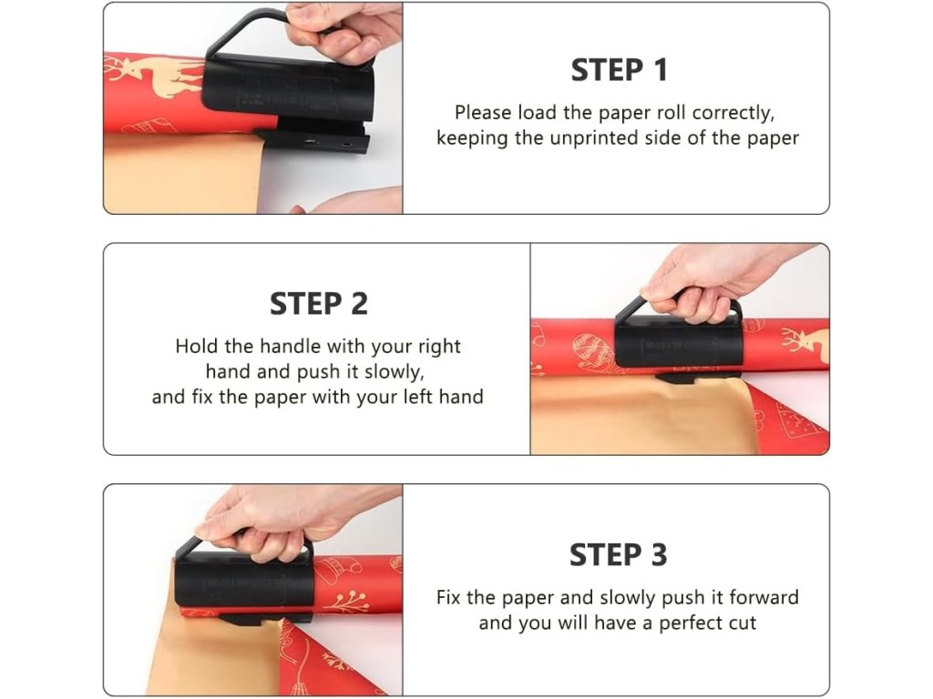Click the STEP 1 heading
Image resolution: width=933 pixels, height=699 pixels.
[619, 70]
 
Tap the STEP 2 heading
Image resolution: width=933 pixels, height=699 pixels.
[319, 304]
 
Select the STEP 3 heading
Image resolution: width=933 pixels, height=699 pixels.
[619, 555]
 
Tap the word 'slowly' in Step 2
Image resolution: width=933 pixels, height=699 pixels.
[395, 371]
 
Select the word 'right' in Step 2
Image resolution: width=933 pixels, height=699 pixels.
[439, 347]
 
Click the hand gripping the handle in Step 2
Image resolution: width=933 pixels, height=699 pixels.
[714, 279]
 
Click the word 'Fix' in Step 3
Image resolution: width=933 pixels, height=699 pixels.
[448, 597]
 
